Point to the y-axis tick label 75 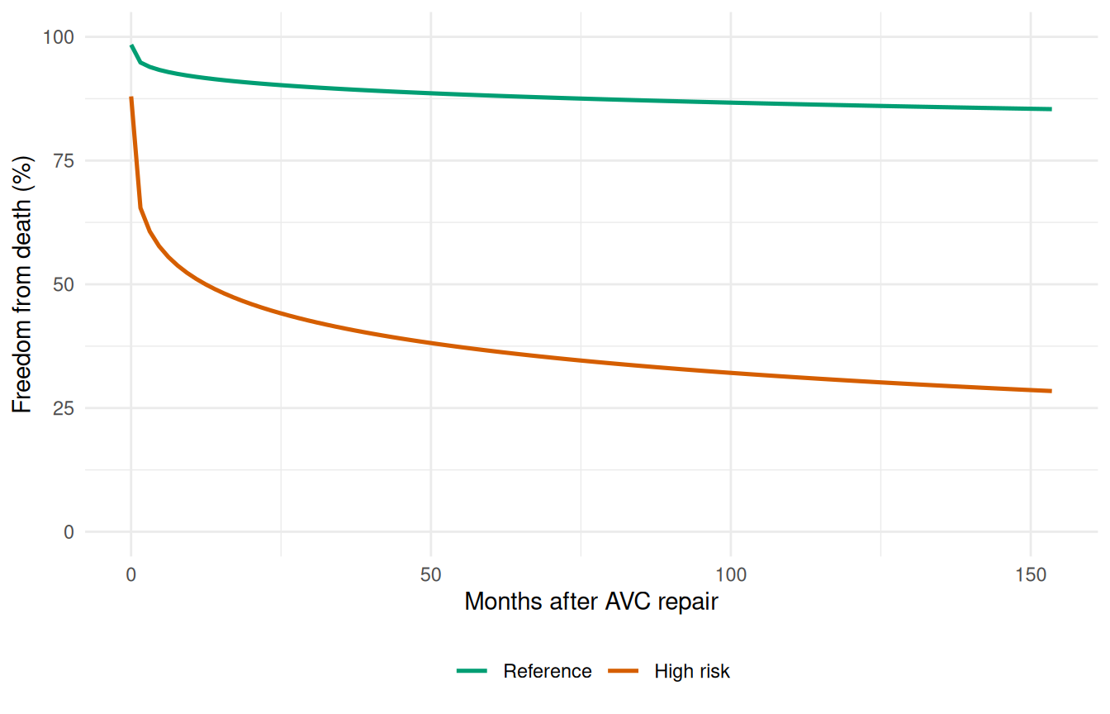point(63,160)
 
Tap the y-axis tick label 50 point(63,284)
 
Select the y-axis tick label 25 point(63,408)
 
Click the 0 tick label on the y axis point(68,532)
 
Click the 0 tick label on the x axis point(130,574)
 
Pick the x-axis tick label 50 point(430,574)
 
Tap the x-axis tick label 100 point(731,574)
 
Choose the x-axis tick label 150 point(1031,574)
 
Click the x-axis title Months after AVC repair point(591,602)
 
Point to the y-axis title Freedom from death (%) point(22,284)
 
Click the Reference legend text point(547,671)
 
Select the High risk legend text point(692,671)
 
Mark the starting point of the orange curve point(130,98)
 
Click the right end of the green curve point(1051,109)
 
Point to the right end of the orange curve point(1051,391)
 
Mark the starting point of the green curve point(130,45)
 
